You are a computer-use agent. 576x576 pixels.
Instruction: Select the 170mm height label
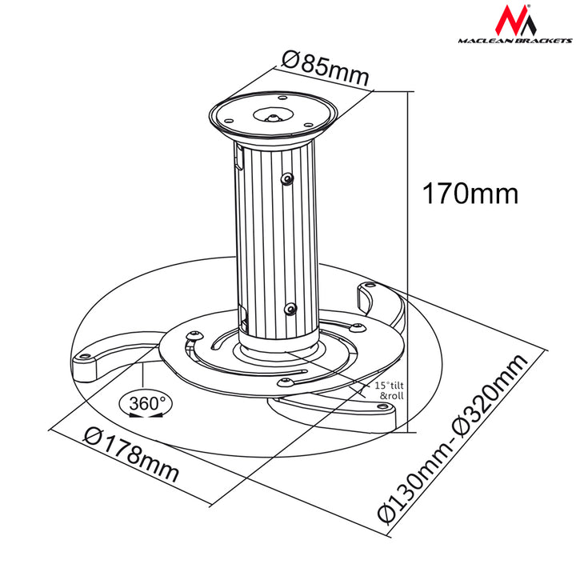[470, 193]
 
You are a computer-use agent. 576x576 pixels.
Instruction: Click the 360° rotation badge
[145, 404]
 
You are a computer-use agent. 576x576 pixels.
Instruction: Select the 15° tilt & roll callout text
[392, 390]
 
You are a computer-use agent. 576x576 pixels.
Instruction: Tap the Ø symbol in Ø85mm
[292, 60]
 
